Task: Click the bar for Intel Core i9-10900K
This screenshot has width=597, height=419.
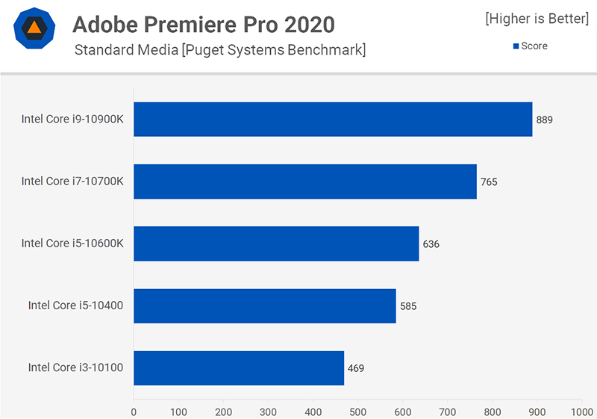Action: coord(333,120)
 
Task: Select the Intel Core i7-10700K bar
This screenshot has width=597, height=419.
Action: coord(304,181)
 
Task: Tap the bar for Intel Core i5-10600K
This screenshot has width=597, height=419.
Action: coord(276,243)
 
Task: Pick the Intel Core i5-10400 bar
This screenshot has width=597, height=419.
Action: coord(264,305)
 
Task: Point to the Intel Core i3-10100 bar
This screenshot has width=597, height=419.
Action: coord(239,367)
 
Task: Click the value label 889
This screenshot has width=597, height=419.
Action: coord(545,120)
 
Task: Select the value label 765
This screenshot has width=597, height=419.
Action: coord(489,181)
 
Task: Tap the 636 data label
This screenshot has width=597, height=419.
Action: coord(431,244)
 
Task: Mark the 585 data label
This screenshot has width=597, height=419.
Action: coord(408,305)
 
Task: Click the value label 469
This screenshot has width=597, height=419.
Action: coord(356,367)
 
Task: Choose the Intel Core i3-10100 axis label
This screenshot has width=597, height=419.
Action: coord(75,367)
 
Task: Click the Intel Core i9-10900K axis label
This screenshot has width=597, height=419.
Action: coord(72,120)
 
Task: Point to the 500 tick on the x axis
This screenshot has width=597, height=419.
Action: coord(358,411)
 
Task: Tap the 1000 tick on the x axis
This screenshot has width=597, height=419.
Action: coord(581,411)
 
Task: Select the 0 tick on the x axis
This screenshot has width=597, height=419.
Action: coord(134,411)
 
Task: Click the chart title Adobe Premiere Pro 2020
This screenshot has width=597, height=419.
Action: coord(204,25)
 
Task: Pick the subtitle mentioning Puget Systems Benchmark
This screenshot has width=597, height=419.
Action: coord(220,50)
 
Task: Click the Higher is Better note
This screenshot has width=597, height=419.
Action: coord(537,19)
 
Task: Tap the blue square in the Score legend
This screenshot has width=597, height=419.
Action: coord(516,46)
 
